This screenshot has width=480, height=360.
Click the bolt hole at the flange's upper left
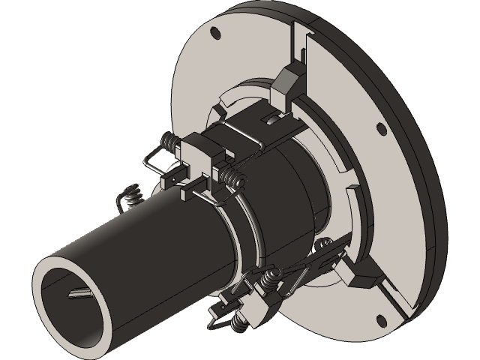point(215,32)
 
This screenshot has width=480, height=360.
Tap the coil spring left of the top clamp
point(169,142)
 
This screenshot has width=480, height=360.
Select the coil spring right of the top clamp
point(235,178)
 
